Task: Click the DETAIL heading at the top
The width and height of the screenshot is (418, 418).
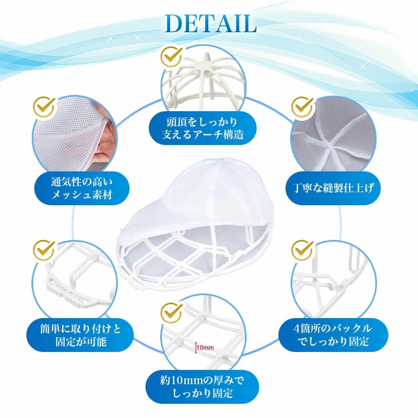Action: pyautogui.click(x=211, y=24)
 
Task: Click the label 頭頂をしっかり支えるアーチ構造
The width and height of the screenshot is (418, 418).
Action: pyautogui.click(x=203, y=128)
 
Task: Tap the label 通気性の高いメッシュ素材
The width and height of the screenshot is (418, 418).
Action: pyautogui.click(x=82, y=188)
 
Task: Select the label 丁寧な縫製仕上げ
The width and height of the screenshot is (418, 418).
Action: pyautogui.click(x=333, y=188)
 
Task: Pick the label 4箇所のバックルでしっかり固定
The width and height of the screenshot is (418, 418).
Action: pyautogui.click(x=333, y=335)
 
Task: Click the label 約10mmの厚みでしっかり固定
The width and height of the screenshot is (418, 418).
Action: pyautogui.click(x=202, y=387)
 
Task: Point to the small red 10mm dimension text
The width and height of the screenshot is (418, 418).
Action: pyautogui.click(x=205, y=348)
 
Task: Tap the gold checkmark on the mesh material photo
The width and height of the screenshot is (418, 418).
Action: pyautogui.click(x=44, y=107)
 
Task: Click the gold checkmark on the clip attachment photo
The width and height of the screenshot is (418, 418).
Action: pyautogui.click(x=44, y=250)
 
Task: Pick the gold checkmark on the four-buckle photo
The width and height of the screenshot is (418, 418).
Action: pyautogui.click(x=303, y=250)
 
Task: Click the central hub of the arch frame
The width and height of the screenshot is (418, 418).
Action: pyautogui.click(x=205, y=64)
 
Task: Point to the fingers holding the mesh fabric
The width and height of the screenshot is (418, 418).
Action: pyautogui.click(x=107, y=139)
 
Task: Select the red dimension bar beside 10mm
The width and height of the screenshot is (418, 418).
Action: pyautogui.click(x=196, y=348)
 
